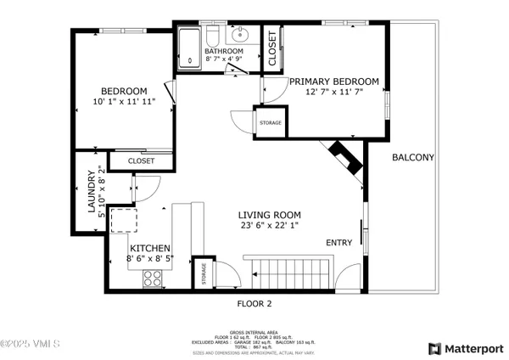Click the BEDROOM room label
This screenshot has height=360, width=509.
point(124,92)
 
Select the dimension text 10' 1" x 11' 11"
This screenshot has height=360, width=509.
point(124,103)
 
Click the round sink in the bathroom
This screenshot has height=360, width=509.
point(240,36)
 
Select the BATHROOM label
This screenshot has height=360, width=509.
point(224,52)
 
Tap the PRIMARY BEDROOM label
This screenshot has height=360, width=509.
point(333,82)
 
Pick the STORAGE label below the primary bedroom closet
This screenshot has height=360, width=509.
point(271,123)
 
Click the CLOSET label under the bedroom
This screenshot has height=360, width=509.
point(141,160)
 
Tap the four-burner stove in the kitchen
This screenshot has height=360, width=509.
point(154,278)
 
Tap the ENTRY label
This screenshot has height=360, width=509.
point(339,244)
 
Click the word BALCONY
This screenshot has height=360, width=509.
point(412,157)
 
